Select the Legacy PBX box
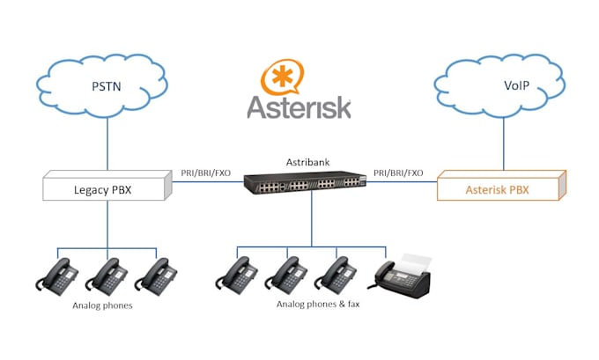[105, 187]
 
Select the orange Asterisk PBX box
[499, 187]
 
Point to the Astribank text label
[307, 162]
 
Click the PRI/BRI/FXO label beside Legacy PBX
[206, 173]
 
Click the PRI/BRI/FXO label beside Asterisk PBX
[398, 173]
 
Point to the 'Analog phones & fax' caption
[318, 305]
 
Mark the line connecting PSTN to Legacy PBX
[107, 146]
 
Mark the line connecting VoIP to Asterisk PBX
[504, 146]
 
